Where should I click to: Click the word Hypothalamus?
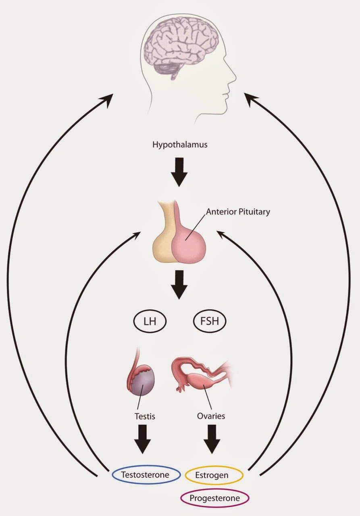pyautogui.click(x=180, y=144)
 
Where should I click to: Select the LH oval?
pyautogui.click(x=150, y=322)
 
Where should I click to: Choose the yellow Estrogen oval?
pyautogui.click(x=214, y=475)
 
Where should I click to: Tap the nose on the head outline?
pyautogui.click(x=233, y=75)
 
